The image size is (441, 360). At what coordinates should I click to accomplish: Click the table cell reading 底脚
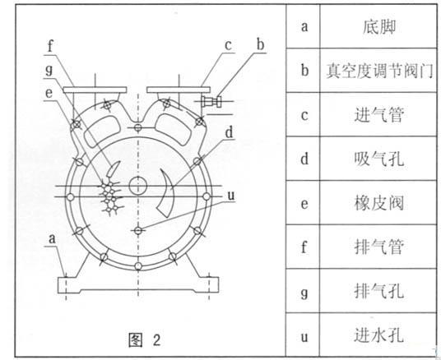pos(378,27)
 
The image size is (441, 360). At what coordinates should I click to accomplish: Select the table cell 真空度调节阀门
pos(378,71)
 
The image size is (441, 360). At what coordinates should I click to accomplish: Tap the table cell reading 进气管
pos(378,115)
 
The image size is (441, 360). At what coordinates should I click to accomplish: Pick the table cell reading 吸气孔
pos(378,159)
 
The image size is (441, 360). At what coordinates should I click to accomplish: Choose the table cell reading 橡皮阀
pos(378,203)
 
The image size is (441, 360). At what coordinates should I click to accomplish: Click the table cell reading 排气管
pos(378,247)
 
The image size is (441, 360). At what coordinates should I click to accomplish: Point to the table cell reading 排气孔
pos(378,291)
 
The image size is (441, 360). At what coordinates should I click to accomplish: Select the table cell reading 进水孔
pos(378,335)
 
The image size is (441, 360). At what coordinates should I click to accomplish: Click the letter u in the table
pos(304,337)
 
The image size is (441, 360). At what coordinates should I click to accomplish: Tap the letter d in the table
pos(304,159)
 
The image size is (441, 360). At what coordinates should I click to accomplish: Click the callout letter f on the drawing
pos(51,46)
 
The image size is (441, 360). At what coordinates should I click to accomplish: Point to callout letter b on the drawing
pos(261,45)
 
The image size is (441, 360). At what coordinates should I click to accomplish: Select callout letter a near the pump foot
pos(52,239)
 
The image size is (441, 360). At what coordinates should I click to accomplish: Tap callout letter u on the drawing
pos(230,196)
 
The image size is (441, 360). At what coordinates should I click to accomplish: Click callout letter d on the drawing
pos(230,132)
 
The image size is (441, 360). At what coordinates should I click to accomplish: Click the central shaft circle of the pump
pos(138,185)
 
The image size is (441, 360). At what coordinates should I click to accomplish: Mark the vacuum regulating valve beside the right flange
pos(211,101)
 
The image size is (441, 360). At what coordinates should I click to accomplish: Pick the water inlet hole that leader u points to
pos(138,230)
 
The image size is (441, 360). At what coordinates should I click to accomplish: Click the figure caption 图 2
pos(145,339)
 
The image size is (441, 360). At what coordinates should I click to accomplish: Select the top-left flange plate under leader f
pos(95,90)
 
